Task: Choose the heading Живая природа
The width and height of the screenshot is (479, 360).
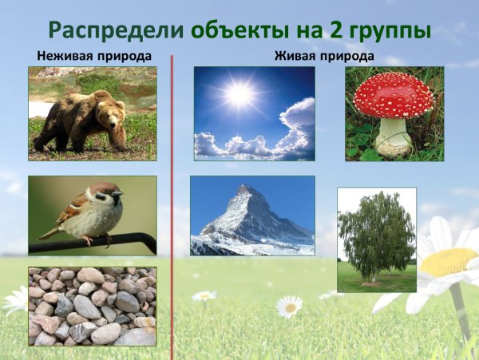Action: point(323,57)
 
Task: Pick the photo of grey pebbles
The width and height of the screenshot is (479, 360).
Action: point(93,306)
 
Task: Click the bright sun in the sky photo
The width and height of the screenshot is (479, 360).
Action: point(237,95)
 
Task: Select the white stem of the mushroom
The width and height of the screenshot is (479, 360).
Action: point(394,136)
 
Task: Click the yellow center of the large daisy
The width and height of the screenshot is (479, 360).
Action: point(449,261)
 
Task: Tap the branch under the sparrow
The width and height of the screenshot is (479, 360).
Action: point(120,239)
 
